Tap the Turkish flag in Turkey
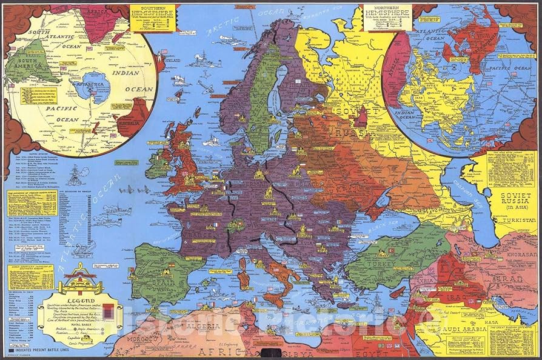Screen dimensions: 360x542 pos(391,250)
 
